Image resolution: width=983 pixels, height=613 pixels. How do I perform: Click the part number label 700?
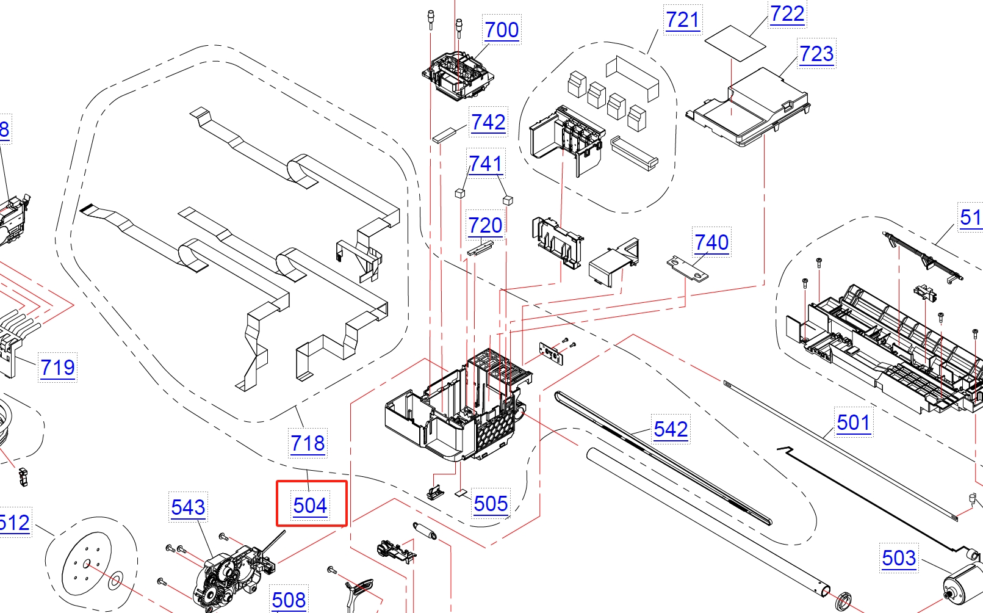point(502,30)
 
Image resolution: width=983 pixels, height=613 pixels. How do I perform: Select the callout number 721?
point(682,20)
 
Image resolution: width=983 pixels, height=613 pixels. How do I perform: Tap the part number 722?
point(787,14)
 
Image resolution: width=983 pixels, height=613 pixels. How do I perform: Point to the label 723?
point(816,54)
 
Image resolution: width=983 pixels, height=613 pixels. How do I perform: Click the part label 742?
point(488,123)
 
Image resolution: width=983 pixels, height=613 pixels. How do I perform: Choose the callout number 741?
point(486,164)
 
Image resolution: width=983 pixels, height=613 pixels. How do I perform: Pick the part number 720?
point(485,226)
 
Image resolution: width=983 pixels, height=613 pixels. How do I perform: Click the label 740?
point(711,243)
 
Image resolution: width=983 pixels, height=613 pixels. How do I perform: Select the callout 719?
point(57,368)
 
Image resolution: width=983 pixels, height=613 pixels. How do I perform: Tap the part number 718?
point(308,443)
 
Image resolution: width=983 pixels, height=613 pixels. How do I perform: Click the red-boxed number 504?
point(311,506)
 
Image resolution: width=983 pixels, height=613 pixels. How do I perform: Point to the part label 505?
point(491,504)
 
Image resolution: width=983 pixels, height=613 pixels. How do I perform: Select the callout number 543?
point(188,507)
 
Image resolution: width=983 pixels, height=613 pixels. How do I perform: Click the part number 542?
point(671,429)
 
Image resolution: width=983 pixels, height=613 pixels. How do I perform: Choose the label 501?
point(853,423)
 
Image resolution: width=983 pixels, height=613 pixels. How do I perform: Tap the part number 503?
point(898,558)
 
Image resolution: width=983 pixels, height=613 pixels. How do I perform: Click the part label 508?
point(289,600)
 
